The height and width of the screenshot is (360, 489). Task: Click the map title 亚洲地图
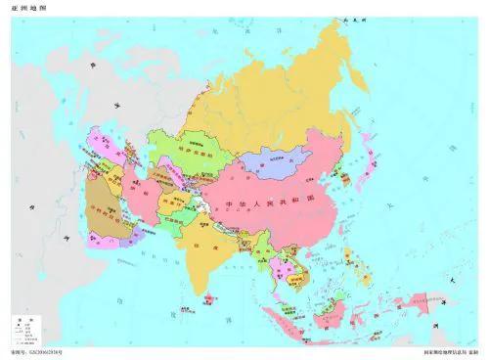28,8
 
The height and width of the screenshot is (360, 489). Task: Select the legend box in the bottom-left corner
28,331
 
